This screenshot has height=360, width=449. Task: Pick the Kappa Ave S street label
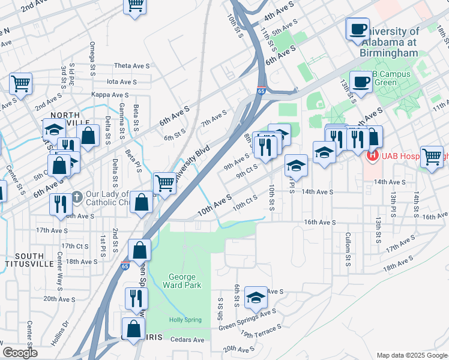(x=110, y=95)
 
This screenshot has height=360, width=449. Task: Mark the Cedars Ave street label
(x=188, y=340)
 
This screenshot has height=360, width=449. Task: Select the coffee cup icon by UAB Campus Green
(x=361, y=82)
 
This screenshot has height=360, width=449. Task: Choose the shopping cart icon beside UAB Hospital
(x=432, y=156)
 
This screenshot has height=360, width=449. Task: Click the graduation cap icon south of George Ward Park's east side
(x=256, y=298)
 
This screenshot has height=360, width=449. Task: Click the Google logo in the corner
(x=20, y=353)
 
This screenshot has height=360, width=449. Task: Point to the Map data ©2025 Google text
(x=411, y=355)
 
